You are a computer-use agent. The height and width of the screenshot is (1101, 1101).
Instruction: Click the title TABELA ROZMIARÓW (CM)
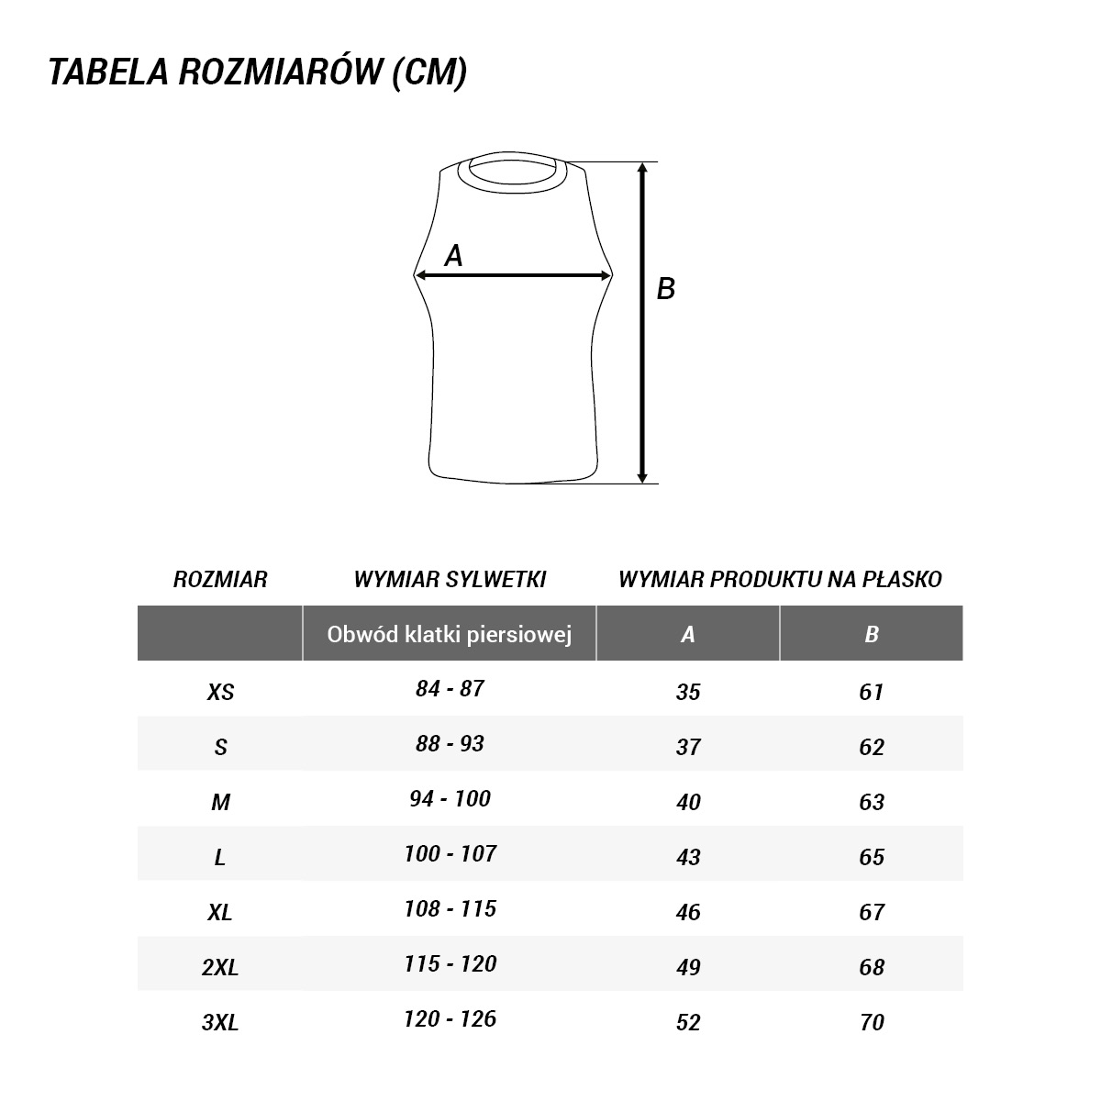click(258, 72)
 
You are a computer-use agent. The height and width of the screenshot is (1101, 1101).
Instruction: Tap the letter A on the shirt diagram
click(453, 257)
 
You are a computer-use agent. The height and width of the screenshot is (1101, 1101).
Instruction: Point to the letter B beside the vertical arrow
click(666, 289)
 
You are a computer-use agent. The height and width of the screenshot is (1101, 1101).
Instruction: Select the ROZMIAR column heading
click(220, 579)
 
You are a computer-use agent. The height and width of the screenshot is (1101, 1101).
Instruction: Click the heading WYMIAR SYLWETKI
click(450, 579)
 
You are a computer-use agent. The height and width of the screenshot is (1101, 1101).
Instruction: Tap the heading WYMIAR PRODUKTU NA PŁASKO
click(780, 579)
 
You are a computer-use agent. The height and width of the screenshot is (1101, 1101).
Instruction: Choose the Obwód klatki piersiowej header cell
click(450, 634)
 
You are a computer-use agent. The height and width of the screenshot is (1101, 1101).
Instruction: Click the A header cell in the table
click(688, 634)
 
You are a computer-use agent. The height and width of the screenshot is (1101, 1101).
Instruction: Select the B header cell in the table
click(872, 634)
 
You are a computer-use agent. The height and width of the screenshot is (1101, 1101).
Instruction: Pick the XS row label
click(220, 692)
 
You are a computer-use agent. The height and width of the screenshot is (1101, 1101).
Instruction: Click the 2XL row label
click(220, 967)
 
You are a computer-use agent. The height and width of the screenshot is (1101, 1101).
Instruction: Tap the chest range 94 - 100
click(450, 798)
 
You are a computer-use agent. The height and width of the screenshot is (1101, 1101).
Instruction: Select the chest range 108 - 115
click(450, 908)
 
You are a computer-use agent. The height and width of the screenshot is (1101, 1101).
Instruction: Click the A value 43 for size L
click(688, 857)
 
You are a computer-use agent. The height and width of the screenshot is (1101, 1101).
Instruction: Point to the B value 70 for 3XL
click(872, 1022)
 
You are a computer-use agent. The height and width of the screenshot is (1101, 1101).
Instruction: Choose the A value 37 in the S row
click(688, 747)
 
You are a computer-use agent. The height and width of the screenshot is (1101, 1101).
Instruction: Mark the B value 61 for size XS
click(872, 692)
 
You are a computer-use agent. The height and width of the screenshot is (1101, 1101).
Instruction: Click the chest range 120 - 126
click(450, 1018)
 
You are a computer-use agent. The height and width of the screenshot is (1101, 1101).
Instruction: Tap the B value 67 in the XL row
click(872, 912)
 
